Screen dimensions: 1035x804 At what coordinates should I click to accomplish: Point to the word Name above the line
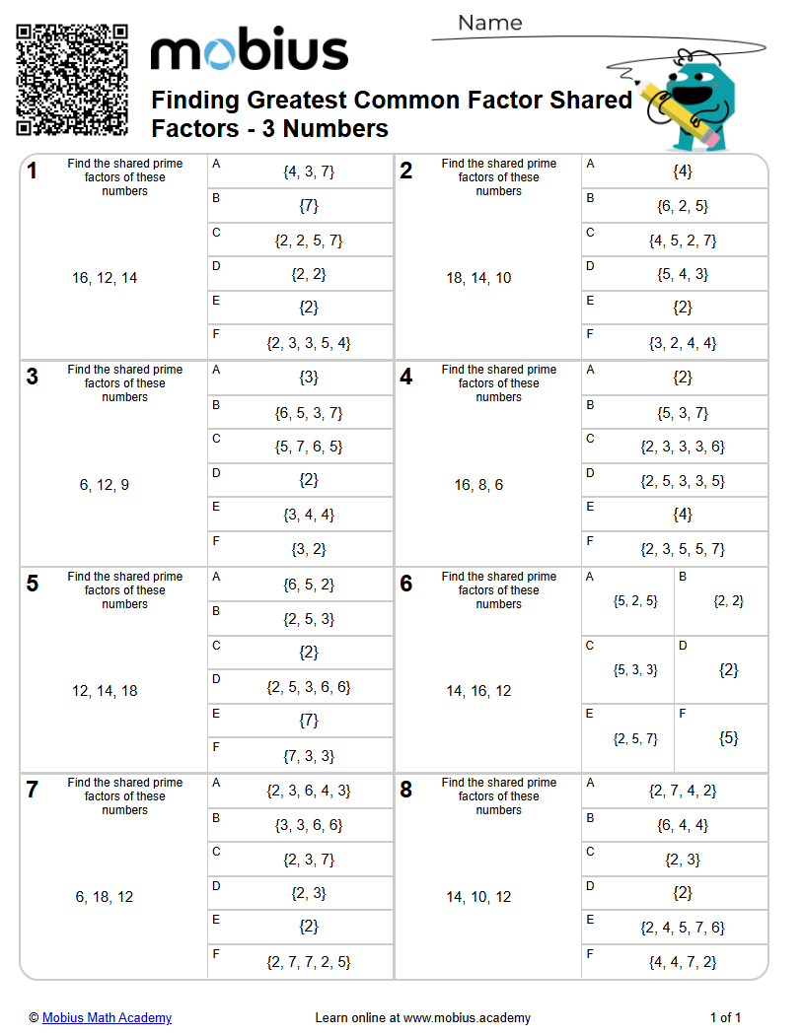click(490, 23)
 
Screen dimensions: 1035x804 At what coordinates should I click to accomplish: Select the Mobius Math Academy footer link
click(107, 1017)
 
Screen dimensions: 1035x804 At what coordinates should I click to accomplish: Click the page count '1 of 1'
click(725, 1017)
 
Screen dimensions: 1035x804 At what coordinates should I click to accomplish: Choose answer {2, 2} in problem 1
click(309, 274)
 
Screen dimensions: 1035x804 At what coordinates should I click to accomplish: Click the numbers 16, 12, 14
click(105, 278)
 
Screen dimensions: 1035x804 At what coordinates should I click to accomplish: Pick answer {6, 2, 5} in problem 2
click(683, 206)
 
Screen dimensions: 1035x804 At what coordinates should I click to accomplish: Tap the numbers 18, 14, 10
click(478, 278)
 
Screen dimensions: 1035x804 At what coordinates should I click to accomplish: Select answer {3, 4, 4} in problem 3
click(309, 515)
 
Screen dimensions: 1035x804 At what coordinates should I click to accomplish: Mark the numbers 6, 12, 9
click(105, 485)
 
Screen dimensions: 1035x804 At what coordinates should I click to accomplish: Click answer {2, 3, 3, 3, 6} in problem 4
click(683, 447)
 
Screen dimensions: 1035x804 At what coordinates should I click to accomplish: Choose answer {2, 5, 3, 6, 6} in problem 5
click(309, 687)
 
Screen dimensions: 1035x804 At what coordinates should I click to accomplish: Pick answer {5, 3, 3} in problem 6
click(635, 669)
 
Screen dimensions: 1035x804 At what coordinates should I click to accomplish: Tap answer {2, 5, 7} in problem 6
click(635, 738)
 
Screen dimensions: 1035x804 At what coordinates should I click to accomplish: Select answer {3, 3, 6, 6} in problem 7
click(309, 825)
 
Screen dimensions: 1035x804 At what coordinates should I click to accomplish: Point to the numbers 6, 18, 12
click(105, 897)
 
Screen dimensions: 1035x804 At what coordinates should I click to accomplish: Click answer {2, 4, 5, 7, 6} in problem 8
click(683, 928)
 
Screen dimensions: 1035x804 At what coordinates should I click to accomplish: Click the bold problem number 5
click(33, 584)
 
